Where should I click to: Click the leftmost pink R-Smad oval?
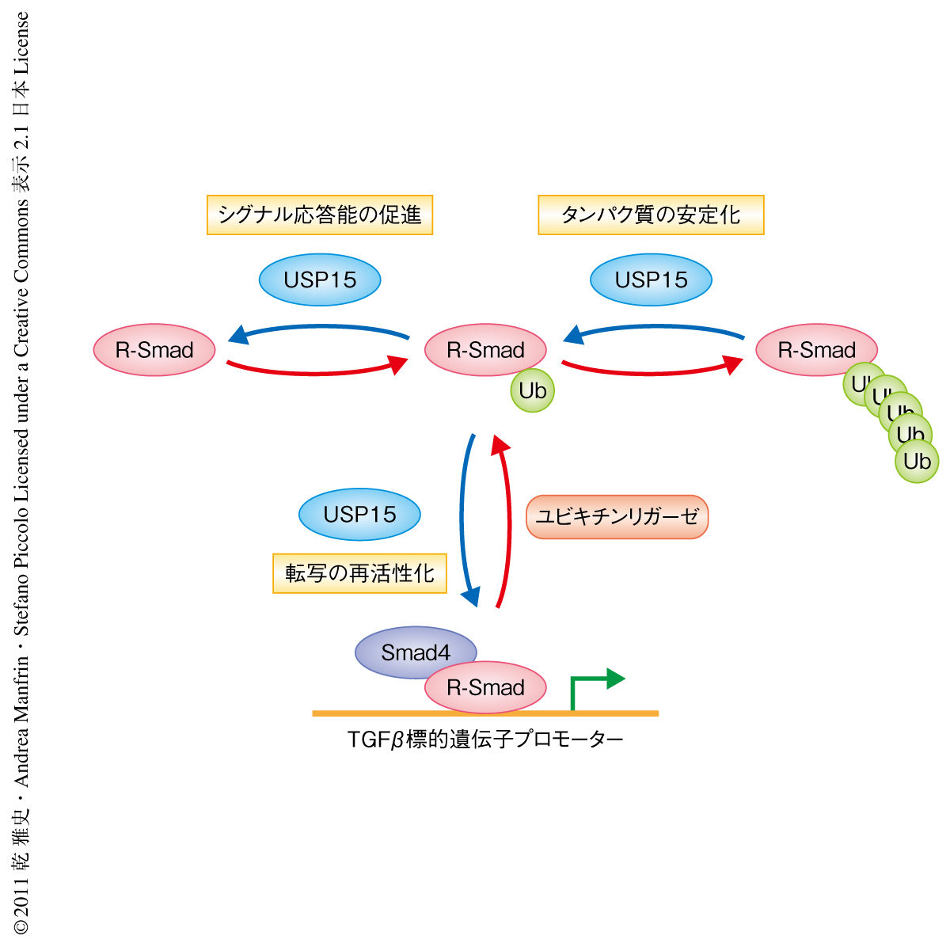tap(154, 350)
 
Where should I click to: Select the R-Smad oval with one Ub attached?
tap(485, 349)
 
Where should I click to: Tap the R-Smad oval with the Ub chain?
tap(816, 349)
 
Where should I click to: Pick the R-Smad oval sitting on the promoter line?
tap(485, 687)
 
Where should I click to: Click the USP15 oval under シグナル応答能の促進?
tap(320, 280)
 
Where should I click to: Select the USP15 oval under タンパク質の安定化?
tap(651, 280)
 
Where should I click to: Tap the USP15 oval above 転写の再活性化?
tap(359, 514)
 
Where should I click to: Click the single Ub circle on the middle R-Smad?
tap(533, 390)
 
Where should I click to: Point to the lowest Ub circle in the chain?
tap(917, 461)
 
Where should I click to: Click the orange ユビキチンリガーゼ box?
tap(617, 517)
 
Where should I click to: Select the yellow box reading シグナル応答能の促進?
tap(320, 215)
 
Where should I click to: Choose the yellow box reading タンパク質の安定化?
tap(651, 215)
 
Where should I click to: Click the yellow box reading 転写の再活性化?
tap(359, 573)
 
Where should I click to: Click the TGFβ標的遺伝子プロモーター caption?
tap(485, 740)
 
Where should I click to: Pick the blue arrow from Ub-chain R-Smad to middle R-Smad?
tap(653, 329)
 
